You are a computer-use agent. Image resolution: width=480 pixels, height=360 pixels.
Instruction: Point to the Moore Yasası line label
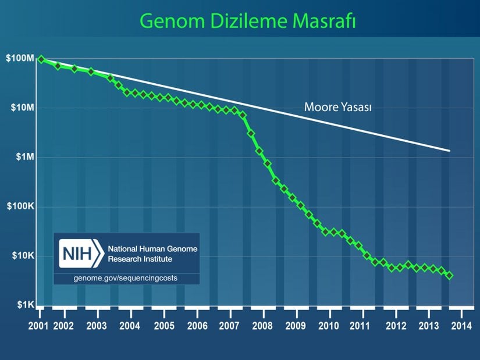click(338, 108)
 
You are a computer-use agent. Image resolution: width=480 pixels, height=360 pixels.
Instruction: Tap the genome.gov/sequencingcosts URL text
click(126, 278)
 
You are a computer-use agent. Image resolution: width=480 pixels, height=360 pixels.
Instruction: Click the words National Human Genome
click(153, 249)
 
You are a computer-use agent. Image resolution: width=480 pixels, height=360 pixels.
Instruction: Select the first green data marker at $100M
click(41, 59)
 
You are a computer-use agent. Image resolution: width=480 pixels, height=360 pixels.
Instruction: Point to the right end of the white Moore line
click(449, 151)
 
